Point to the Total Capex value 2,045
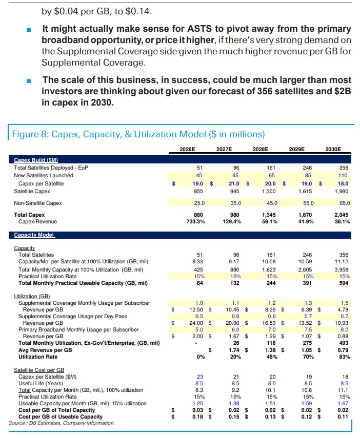click(x=341, y=215)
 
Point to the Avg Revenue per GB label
click(x=45, y=349)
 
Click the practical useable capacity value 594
click(x=344, y=283)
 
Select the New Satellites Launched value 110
click(x=343, y=175)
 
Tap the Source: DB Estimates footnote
click(x=61, y=423)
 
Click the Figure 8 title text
click(x=138, y=134)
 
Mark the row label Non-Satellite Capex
click(x=38, y=203)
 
